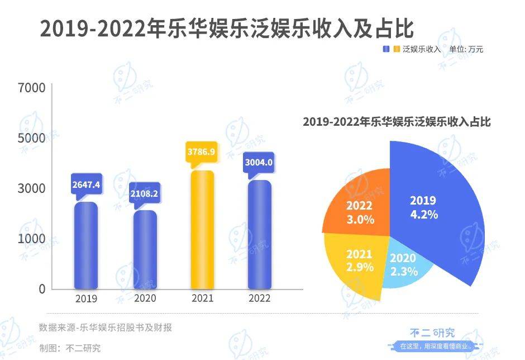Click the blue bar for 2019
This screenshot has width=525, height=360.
(x=85, y=246)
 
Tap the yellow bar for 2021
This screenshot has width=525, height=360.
(x=203, y=230)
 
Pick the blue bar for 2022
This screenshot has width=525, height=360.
(x=259, y=235)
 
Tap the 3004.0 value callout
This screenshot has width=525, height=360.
(x=259, y=163)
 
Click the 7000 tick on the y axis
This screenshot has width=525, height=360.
(x=31, y=88)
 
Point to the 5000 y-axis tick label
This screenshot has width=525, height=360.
(x=31, y=138)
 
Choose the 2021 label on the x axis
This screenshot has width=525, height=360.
(x=202, y=299)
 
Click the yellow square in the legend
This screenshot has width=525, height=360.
(x=397, y=49)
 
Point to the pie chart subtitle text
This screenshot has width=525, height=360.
(x=396, y=122)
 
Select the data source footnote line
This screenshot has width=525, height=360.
(x=105, y=328)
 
